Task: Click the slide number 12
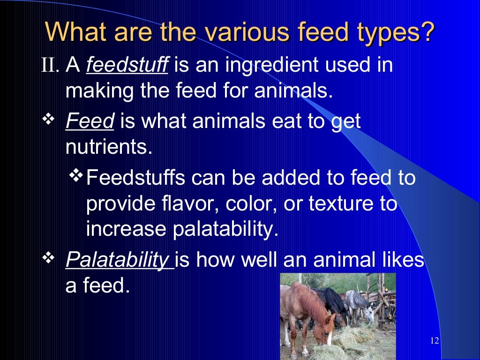434,340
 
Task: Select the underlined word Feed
90,122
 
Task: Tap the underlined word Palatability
119,260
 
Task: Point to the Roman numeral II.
50,66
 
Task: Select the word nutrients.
109,147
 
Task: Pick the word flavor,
178,204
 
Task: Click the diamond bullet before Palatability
49,258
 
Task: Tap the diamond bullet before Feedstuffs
75,177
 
